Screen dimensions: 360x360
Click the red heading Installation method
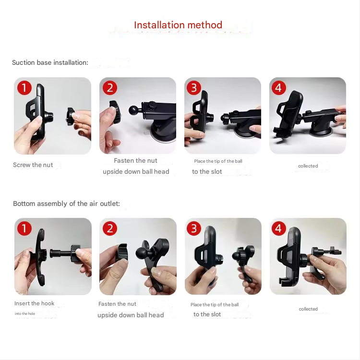(x=178, y=25)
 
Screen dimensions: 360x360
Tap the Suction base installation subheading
(x=50, y=62)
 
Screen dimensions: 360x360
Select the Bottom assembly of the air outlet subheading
(x=66, y=204)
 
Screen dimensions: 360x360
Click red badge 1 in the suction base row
(x=24, y=88)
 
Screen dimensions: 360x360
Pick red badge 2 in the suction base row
(x=110, y=88)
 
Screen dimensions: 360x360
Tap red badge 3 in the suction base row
(x=194, y=88)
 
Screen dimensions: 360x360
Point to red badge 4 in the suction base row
(x=279, y=88)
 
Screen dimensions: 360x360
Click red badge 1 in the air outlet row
(x=24, y=228)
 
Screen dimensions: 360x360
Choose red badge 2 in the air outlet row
(x=110, y=228)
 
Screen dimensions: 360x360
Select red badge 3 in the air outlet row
(x=194, y=228)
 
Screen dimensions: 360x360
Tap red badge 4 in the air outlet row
(x=279, y=228)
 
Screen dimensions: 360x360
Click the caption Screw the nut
(x=33, y=165)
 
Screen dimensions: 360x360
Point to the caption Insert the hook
(x=34, y=303)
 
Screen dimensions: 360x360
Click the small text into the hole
(x=25, y=313)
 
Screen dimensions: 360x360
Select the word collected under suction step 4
(x=308, y=166)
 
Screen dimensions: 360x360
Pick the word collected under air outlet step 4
(x=308, y=309)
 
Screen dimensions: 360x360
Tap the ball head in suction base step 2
(x=133, y=110)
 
